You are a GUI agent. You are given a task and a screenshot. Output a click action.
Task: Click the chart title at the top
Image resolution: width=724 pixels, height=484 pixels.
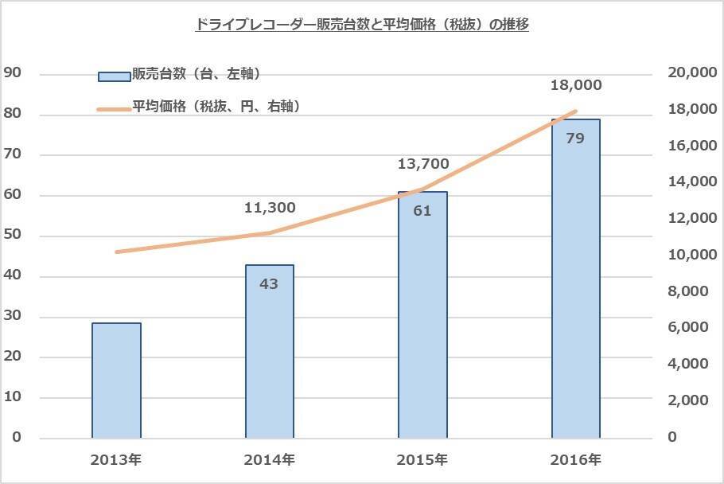coord(363,24)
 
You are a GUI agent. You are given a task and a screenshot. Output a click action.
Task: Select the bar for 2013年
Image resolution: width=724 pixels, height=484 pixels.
coord(116,381)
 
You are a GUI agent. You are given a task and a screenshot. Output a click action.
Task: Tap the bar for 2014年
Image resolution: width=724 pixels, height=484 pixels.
coord(270,351)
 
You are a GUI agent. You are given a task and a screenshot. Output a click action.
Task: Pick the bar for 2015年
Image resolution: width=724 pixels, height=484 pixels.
coord(423,315)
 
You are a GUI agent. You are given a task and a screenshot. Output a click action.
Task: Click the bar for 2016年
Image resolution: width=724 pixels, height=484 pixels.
coord(576,279)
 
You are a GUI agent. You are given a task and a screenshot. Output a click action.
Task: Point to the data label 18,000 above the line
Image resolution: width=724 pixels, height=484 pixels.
coord(576,85)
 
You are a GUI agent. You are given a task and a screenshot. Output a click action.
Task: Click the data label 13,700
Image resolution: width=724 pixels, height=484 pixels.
coord(423,163)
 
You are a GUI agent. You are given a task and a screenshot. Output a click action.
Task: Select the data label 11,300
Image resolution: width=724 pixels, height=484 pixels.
coord(270,207)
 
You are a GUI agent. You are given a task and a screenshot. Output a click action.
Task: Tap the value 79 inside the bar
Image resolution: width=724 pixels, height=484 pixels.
coord(575,138)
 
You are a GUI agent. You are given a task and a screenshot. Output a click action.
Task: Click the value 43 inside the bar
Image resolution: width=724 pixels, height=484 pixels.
coord(269,283)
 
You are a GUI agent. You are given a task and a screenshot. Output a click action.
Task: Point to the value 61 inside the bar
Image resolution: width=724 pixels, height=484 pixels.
coord(422,211)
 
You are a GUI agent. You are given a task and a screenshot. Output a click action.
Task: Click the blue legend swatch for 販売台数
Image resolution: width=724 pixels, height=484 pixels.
coord(114,76)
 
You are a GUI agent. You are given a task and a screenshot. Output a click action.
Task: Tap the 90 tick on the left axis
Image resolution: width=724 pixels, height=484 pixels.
coord(13,72)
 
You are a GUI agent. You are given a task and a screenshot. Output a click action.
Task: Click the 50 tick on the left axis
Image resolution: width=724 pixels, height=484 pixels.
coord(13,234)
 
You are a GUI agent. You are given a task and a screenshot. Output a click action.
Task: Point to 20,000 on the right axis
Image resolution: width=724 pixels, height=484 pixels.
coord(693,72)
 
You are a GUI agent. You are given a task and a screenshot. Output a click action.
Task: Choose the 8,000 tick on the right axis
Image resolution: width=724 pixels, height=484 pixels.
coord(688,291)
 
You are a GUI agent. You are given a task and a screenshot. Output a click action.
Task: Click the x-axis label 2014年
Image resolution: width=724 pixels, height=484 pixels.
coord(269,460)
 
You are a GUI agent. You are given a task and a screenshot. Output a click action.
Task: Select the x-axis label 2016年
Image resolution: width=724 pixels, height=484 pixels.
coord(575,460)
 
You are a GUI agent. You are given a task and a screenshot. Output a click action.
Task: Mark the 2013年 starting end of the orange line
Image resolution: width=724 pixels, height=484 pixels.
coord(117,252)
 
